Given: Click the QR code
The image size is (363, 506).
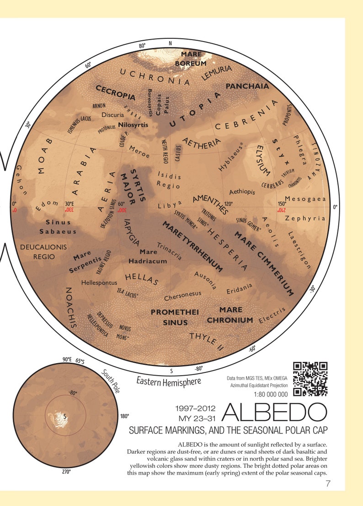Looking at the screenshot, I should coord(310,379).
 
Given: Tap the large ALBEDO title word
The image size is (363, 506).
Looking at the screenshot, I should coord(274,412).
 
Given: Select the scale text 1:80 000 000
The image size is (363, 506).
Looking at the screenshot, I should coord(270,394).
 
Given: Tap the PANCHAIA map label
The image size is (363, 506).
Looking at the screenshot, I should coord(247,86).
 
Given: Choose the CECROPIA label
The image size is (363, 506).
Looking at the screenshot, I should coord(115,92).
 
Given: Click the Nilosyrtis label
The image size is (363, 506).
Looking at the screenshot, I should coord(133,124).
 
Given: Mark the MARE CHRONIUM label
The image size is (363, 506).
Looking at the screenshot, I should coord(230,315).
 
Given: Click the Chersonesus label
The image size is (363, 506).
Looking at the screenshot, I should coord(182,296).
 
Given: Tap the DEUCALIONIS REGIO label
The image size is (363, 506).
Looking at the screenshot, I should coord(44,252).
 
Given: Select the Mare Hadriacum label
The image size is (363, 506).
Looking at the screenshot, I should coord(148,256).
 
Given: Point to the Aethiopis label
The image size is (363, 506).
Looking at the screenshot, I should coord(242,192).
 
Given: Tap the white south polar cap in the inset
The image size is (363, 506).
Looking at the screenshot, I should coord(59,417).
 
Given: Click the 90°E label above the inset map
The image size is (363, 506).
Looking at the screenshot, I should coord(67,360).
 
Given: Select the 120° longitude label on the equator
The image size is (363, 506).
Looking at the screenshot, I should coord(228,204).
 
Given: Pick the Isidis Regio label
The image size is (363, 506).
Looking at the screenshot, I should coord(169,180).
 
